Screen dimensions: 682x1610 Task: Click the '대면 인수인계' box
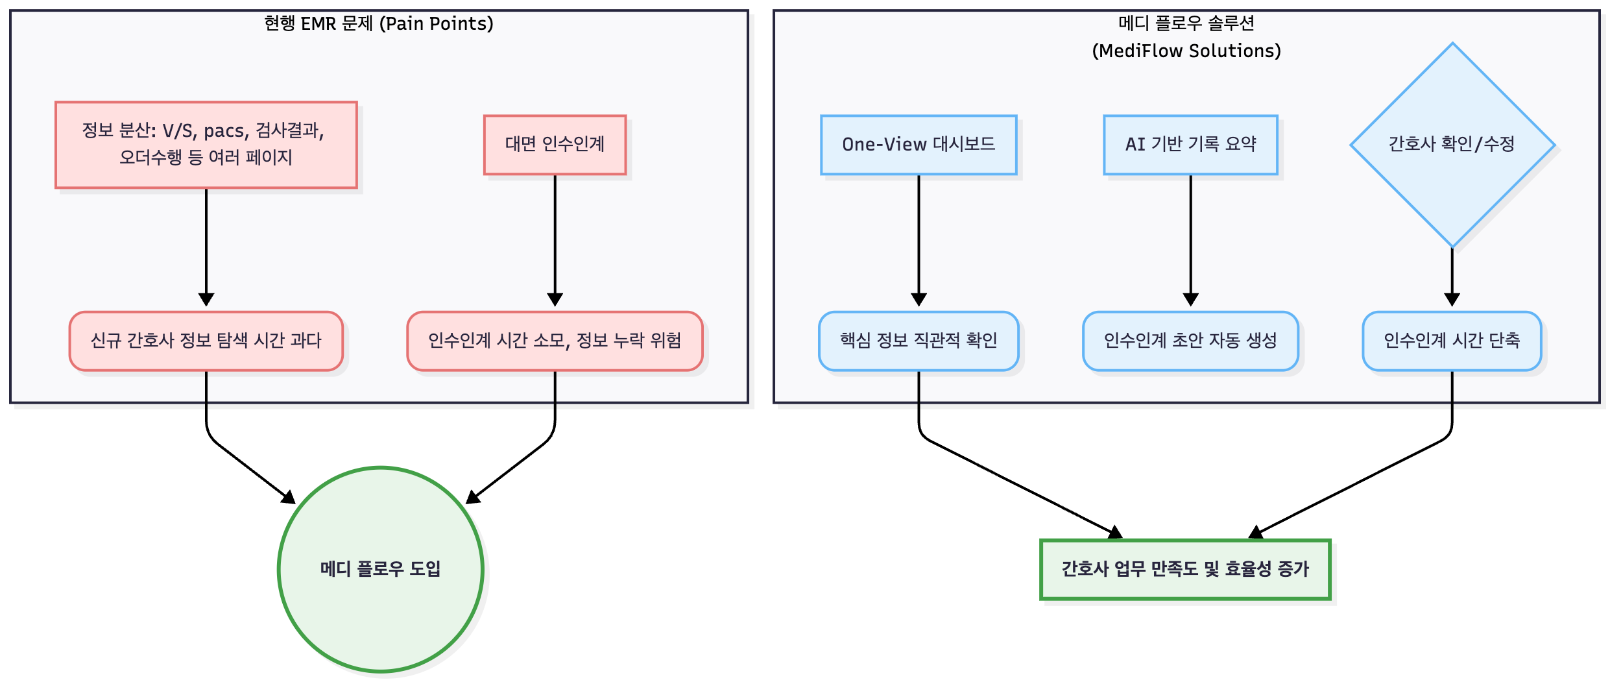click(555, 145)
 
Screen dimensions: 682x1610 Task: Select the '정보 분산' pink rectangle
click(206, 145)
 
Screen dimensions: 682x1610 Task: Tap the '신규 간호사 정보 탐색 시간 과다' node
click(206, 341)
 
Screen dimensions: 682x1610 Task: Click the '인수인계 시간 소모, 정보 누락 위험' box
click(555, 341)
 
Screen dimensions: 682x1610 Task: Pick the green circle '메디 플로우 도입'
click(381, 569)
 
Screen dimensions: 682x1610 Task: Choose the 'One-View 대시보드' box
click(919, 145)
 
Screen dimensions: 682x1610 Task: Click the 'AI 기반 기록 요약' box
click(1190, 145)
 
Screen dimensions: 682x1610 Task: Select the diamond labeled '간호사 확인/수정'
click(1452, 145)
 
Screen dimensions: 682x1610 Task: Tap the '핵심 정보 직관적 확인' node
click(919, 341)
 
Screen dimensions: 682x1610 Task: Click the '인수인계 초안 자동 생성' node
click(1190, 341)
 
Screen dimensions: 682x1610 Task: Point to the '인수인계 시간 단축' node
click(1452, 341)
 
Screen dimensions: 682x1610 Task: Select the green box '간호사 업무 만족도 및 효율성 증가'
click(1185, 569)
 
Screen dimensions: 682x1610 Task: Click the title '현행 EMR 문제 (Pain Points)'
click(379, 24)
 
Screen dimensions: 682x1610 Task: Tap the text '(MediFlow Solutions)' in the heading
click(1186, 51)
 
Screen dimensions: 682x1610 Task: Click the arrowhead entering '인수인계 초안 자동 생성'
click(1190, 300)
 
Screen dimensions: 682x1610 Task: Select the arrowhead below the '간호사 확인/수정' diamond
click(1452, 300)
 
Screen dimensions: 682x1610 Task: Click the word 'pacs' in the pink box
click(224, 132)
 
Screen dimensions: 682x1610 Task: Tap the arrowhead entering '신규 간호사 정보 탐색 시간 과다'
click(206, 300)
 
